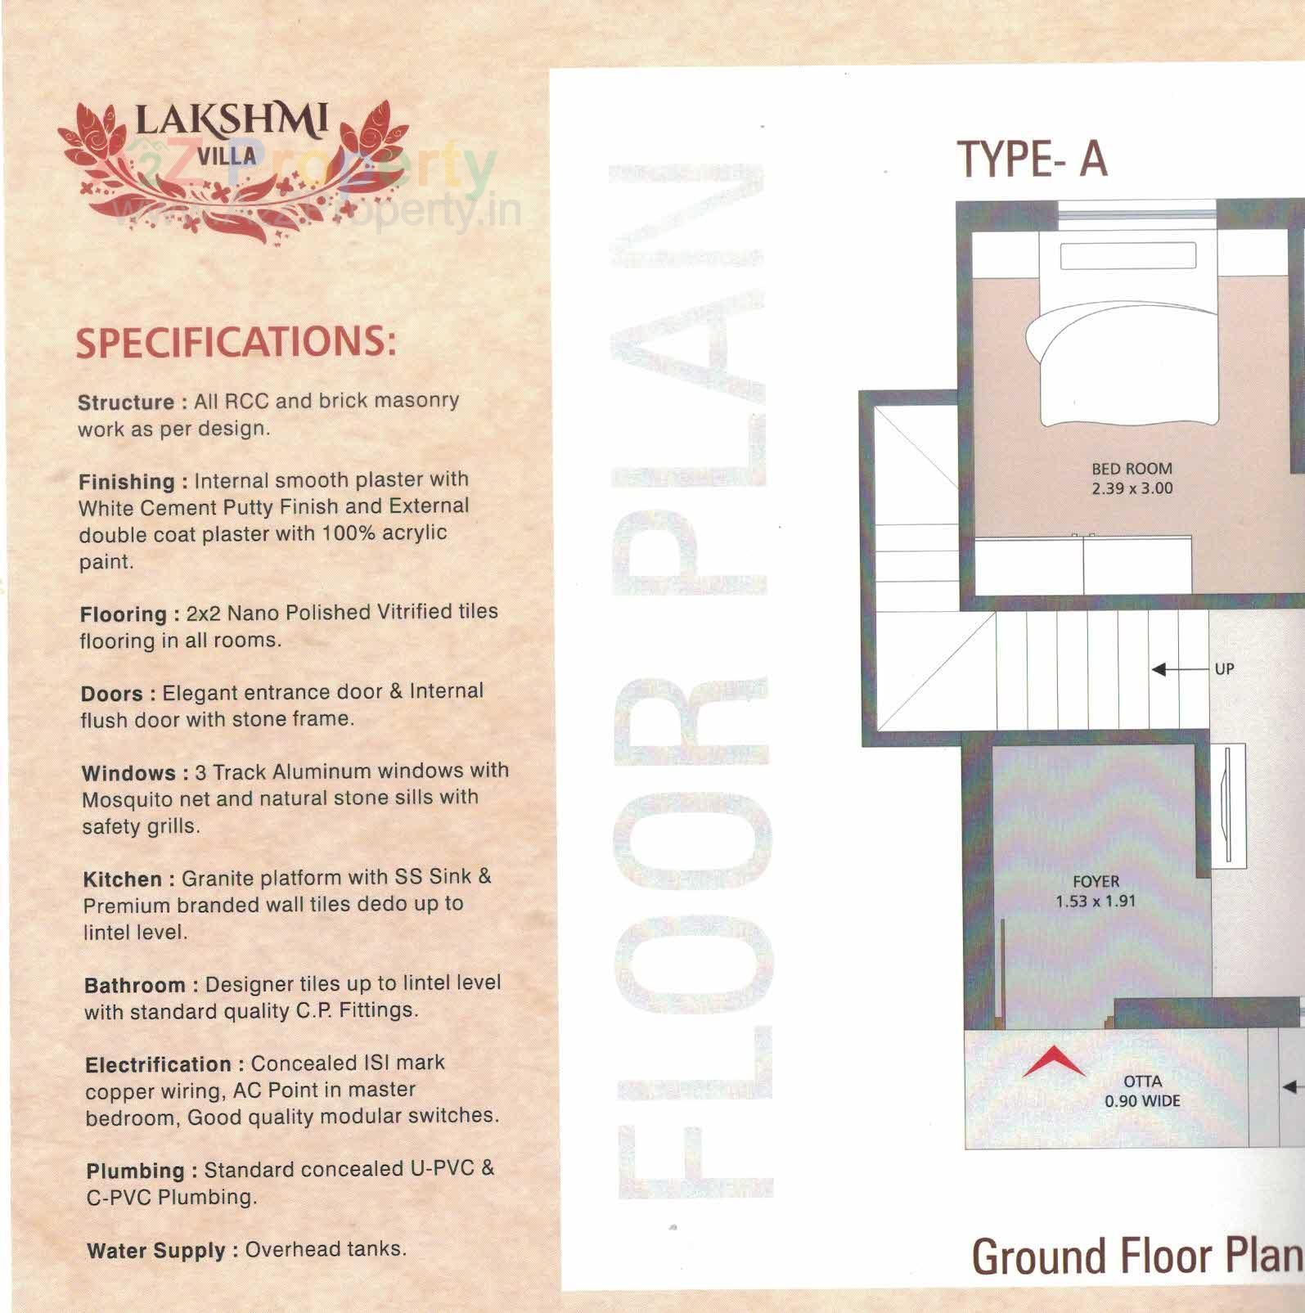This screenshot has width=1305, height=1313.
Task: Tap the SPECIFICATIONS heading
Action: pos(236,341)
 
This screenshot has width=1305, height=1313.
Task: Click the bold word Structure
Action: pos(126,402)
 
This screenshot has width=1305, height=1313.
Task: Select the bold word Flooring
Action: pos(124,614)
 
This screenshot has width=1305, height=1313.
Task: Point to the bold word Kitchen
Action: pos(123,879)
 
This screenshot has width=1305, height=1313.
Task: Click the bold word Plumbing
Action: pos(136,1171)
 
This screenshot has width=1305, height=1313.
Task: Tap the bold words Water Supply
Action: pos(155,1251)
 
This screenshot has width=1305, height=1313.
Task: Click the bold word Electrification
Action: pos(158,1064)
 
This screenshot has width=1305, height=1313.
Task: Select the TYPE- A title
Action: pos(1032,159)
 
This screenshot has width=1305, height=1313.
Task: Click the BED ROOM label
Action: pos(1132,469)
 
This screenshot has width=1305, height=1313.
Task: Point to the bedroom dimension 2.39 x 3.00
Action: pos(1132,488)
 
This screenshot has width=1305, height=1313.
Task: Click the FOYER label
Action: pos(1096,881)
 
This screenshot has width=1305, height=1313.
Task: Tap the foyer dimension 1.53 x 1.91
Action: pos(1096,902)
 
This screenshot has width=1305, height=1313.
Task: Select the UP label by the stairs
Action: pos(1224,669)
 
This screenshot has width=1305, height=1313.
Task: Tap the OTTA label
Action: pos(1142,1081)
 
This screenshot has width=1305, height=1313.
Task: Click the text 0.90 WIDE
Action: pos(1142,1101)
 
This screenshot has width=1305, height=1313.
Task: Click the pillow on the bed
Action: pos(1127,256)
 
